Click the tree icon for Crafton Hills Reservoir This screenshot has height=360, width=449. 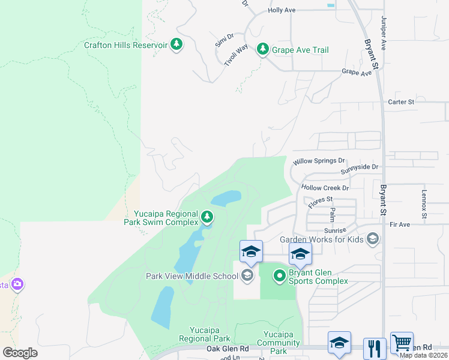(176, 44)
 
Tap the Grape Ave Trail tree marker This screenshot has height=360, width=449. (262, 49)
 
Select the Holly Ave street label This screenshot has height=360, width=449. (282, 10)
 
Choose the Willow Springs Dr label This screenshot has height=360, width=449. (319, 161)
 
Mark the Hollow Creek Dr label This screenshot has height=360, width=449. (325, 188)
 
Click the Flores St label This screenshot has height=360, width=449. (321, 202)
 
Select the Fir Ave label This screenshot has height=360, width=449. (399, 224)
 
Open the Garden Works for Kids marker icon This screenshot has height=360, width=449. (373, 239)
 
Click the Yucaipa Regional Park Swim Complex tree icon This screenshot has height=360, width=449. (207, 216)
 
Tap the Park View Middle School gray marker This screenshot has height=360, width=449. (246, 276)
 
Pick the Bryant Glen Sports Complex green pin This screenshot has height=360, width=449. (279, 276)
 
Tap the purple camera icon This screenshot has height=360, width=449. (17, 284)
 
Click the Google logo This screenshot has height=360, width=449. (20, 353)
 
